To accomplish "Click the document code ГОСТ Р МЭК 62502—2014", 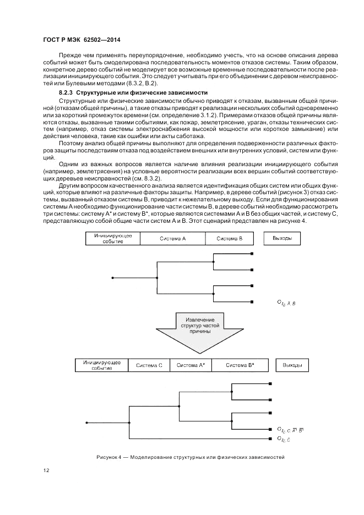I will pos(82,40).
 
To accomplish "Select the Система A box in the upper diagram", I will pos(173,238).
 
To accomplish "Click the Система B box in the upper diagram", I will pos(229,238).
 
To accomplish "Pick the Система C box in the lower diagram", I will pos(149,365).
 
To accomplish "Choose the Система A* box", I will pos(191,365).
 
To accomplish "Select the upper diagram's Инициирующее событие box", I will pos(112,238).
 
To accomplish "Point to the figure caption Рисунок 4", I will pos(189,458).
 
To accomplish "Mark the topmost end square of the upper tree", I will pos(252,254).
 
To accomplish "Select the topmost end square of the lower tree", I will pos(270,383).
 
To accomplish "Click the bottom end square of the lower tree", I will pos(270,439).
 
